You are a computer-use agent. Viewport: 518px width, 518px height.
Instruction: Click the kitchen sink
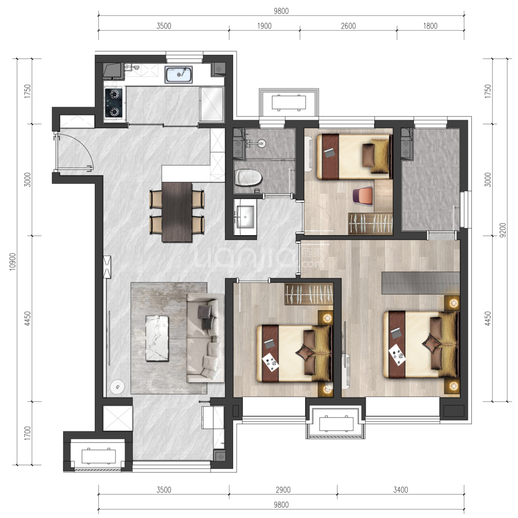pyautogui.click(x=178, y=75)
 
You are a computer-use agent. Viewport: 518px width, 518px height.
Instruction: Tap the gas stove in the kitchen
pyautogui.click(x=113, y=103)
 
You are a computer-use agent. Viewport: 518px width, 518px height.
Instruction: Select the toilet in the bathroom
pyautogui.click(x=248, y=178)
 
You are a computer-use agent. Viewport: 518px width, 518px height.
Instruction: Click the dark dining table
pyautogui.click(x=177, y=212)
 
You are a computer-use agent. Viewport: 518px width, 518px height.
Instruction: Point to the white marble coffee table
pyautogui.click(x=157, y=338)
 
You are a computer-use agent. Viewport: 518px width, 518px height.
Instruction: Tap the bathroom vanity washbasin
pyautogui.click(x=245, y=217)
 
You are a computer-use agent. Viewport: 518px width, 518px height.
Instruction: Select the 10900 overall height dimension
pyautogui.click(x=12, y=262)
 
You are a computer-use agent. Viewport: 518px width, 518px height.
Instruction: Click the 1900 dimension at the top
pyautogui.click(x=264, y=26)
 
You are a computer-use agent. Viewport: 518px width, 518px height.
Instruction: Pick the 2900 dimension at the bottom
pyautogui.click(x=283, y=490)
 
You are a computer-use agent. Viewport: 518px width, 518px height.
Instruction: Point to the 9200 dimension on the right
pyautogui.click(x=502, y=230)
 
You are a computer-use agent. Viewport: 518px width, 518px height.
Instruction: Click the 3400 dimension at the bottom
pyautogui.click(x=400, y=490)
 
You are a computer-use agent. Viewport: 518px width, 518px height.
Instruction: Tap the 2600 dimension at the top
pyautogui.click(x=348, y=26)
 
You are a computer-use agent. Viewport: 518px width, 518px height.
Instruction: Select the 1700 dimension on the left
pyautogui.click(x=27, y=433)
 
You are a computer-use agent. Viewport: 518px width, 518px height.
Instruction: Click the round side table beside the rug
pyautogui.click(x=117, y=387)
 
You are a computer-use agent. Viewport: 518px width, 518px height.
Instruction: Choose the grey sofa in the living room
pyautogui.click(x=205, y=338)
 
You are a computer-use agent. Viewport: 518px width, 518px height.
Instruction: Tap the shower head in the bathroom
pyautogui.click(x=262, y=143)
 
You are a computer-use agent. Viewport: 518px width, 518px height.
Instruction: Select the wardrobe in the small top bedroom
pyautogui.click(x=371, y=224)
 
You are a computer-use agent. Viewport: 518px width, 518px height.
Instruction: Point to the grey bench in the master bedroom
pyautogui.click(x=421, y=283)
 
